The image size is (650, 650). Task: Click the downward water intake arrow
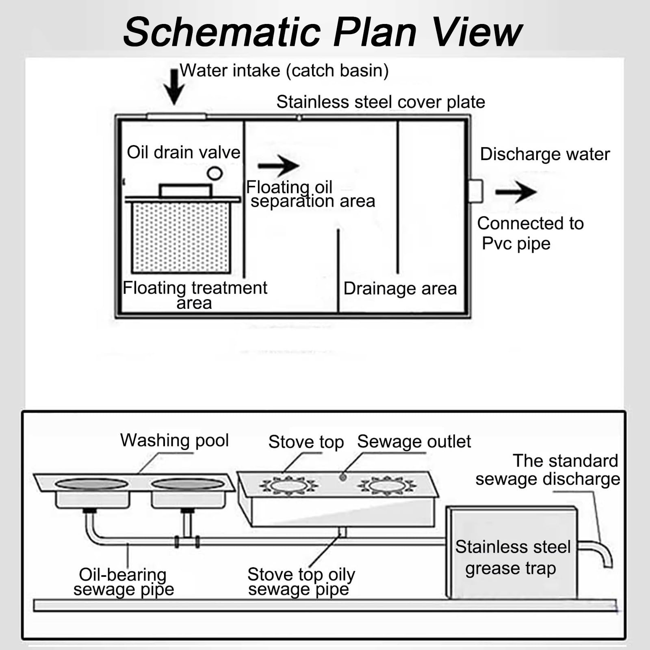coord(174,87)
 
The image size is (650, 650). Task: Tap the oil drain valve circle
coord(214,173)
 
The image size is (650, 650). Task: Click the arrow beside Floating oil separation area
coord(278,166)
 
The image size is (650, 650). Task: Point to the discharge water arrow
coord(516,192)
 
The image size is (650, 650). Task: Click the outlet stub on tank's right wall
coord(476,191)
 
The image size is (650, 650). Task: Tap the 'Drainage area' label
coord(400,288)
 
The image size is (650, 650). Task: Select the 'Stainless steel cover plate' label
coord(381,102)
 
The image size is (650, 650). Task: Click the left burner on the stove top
coord(289,485)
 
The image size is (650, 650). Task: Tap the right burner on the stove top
coord(387,485)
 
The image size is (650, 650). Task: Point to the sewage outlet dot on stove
coord(343,477)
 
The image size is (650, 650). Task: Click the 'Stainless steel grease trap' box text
coord(513,557)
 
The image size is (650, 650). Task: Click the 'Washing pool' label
coord(175,441)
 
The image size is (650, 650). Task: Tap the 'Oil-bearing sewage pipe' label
coord(123,582)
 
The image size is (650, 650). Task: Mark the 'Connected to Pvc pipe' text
coord(530,233)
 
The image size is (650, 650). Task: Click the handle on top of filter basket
coord(185,191)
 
